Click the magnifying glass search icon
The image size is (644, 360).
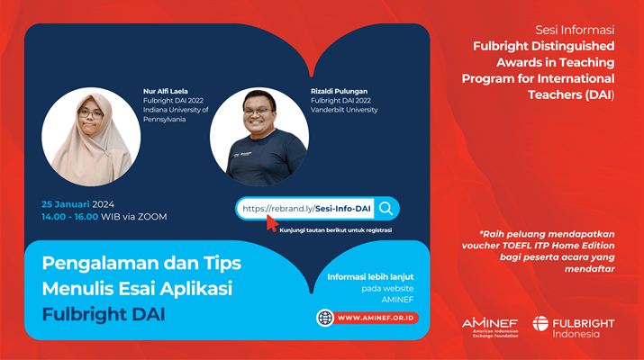point(385,209)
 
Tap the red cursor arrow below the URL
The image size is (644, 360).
point(272,223)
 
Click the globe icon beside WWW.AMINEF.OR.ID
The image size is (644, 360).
point(325,318)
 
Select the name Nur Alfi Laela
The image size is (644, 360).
point(166,91)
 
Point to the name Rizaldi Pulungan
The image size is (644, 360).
point(339,91)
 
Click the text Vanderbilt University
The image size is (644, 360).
point(344,110)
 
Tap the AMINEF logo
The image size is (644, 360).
point(490,328)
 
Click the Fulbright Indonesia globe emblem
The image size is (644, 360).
point(540,323)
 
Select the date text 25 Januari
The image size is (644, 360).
point(66,204)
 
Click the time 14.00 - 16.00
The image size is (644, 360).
point(70,217)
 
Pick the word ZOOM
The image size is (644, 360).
point(152,217)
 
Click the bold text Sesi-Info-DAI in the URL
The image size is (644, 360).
point(343,209)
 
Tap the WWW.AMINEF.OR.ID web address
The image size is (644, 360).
point(376,318)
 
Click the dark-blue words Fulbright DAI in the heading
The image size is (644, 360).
point(104,314)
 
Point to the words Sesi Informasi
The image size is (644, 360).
point(575,30)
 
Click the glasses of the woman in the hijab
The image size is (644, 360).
point(90,113)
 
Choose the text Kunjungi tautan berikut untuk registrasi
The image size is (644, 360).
point(336,230)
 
